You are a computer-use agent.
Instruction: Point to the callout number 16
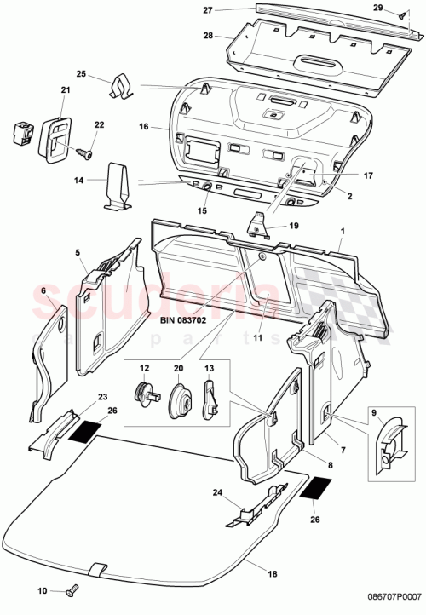tap(144, 126)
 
